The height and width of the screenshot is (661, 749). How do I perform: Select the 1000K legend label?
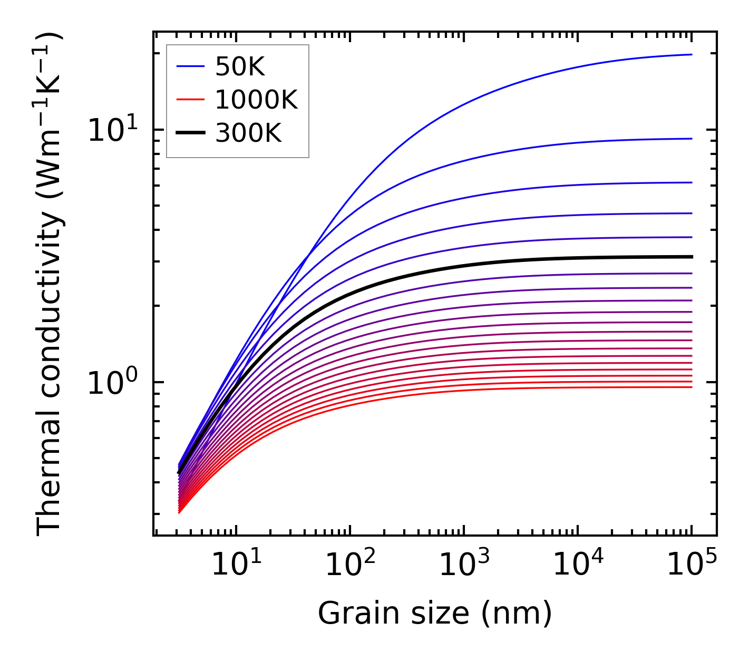[x=256, y=100]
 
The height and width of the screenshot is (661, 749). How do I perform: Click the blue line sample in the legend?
[x=190, y=66]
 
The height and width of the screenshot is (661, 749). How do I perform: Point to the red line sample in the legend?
[x=190, y=100]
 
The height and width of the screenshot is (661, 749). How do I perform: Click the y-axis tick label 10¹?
[x=112, y=130]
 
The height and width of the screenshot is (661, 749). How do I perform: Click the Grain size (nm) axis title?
[x=435, y=614]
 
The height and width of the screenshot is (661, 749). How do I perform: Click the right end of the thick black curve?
[x=691, y=257]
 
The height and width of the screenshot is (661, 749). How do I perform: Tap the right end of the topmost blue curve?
[x=691, y=54]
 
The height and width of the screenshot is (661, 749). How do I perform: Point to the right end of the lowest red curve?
[x=691, y=387]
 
